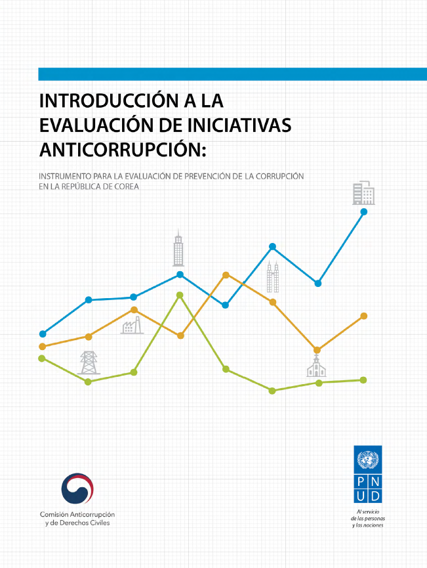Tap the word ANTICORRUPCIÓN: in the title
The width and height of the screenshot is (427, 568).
pos(123,149)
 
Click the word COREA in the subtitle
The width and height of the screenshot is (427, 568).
pos(129,187)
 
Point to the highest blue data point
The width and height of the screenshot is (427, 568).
pos(363,211)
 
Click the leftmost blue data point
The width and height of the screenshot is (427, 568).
pos(43,334)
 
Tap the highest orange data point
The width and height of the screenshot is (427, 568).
pos(226,274)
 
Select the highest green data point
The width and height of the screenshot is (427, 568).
pos(180,295)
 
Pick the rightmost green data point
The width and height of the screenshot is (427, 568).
pos(363,380)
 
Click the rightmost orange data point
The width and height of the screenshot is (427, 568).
pos(363,316)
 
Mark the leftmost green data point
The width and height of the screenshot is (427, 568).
pos(42,358)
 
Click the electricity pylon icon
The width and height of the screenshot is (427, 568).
pos(89,362)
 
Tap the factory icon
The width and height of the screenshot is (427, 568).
pos(132,325)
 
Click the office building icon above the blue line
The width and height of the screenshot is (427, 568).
pos(363,192)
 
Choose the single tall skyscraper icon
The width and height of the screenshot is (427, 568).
pos(178,249)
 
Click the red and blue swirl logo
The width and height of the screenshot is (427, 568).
pos(77,489)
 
